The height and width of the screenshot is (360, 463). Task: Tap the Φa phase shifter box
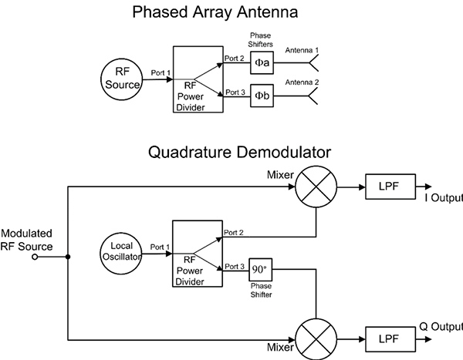point(262,62)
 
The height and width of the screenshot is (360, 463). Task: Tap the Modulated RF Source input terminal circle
point(35,258)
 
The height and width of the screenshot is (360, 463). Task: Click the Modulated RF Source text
point(26,240)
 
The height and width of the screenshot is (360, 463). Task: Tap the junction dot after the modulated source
point(68,258)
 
